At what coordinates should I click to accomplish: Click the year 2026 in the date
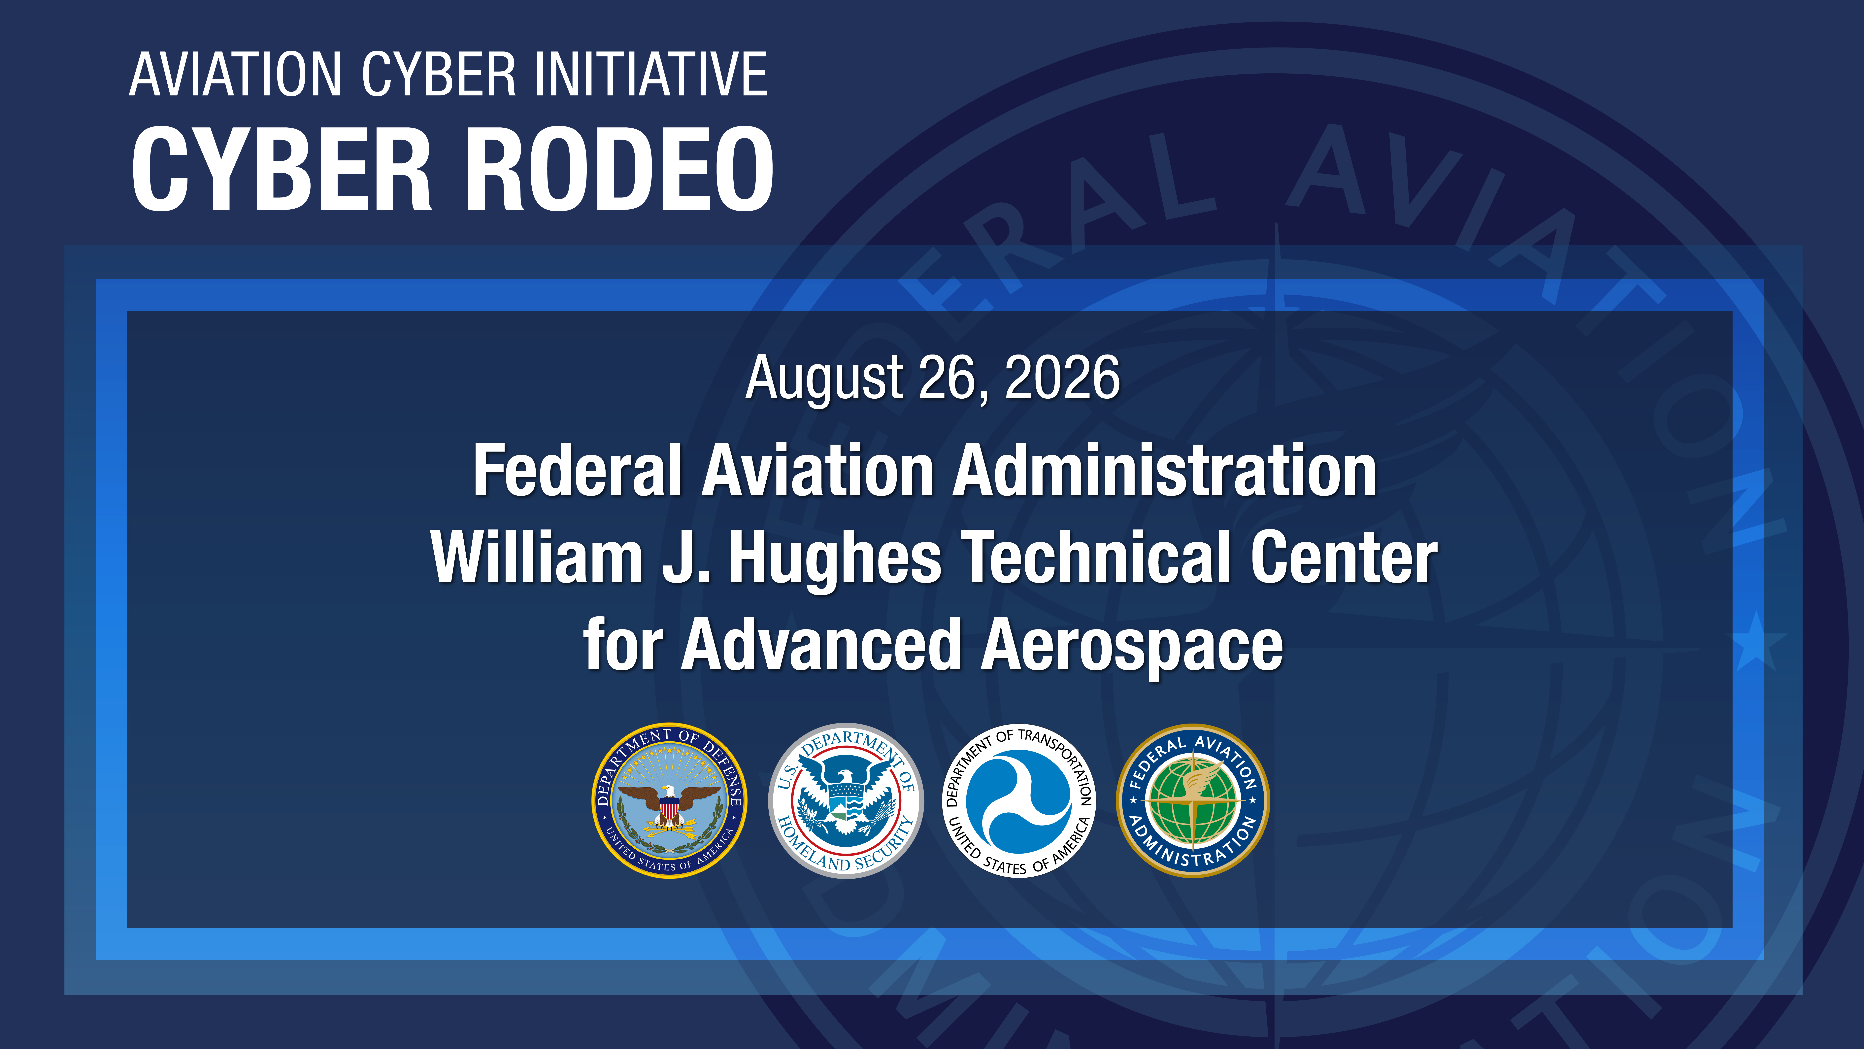[x=1062, y=378]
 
